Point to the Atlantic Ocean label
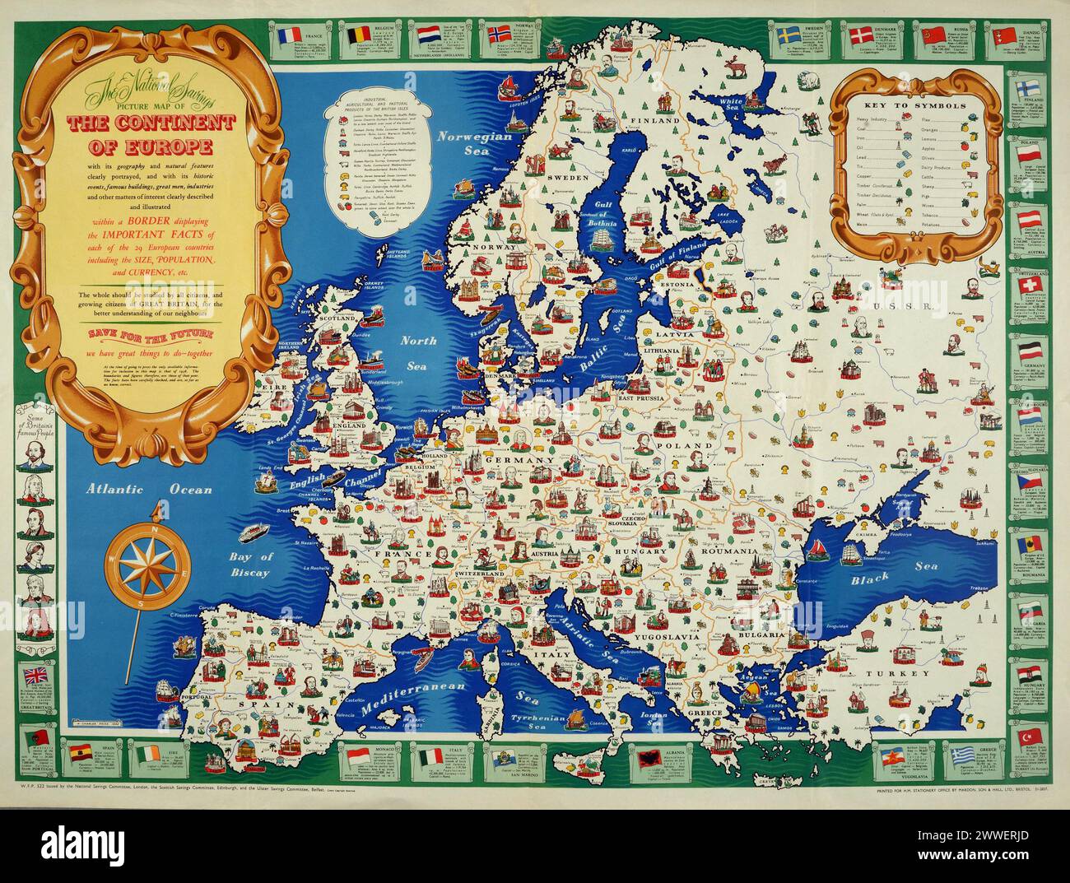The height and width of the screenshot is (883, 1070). point(151,489)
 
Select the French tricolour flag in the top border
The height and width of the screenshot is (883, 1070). point(292,37)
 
